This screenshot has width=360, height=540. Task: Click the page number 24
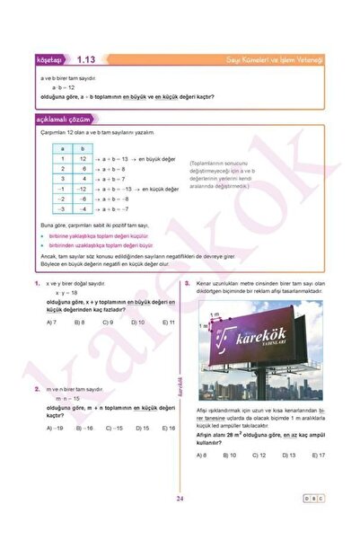(180, 499)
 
